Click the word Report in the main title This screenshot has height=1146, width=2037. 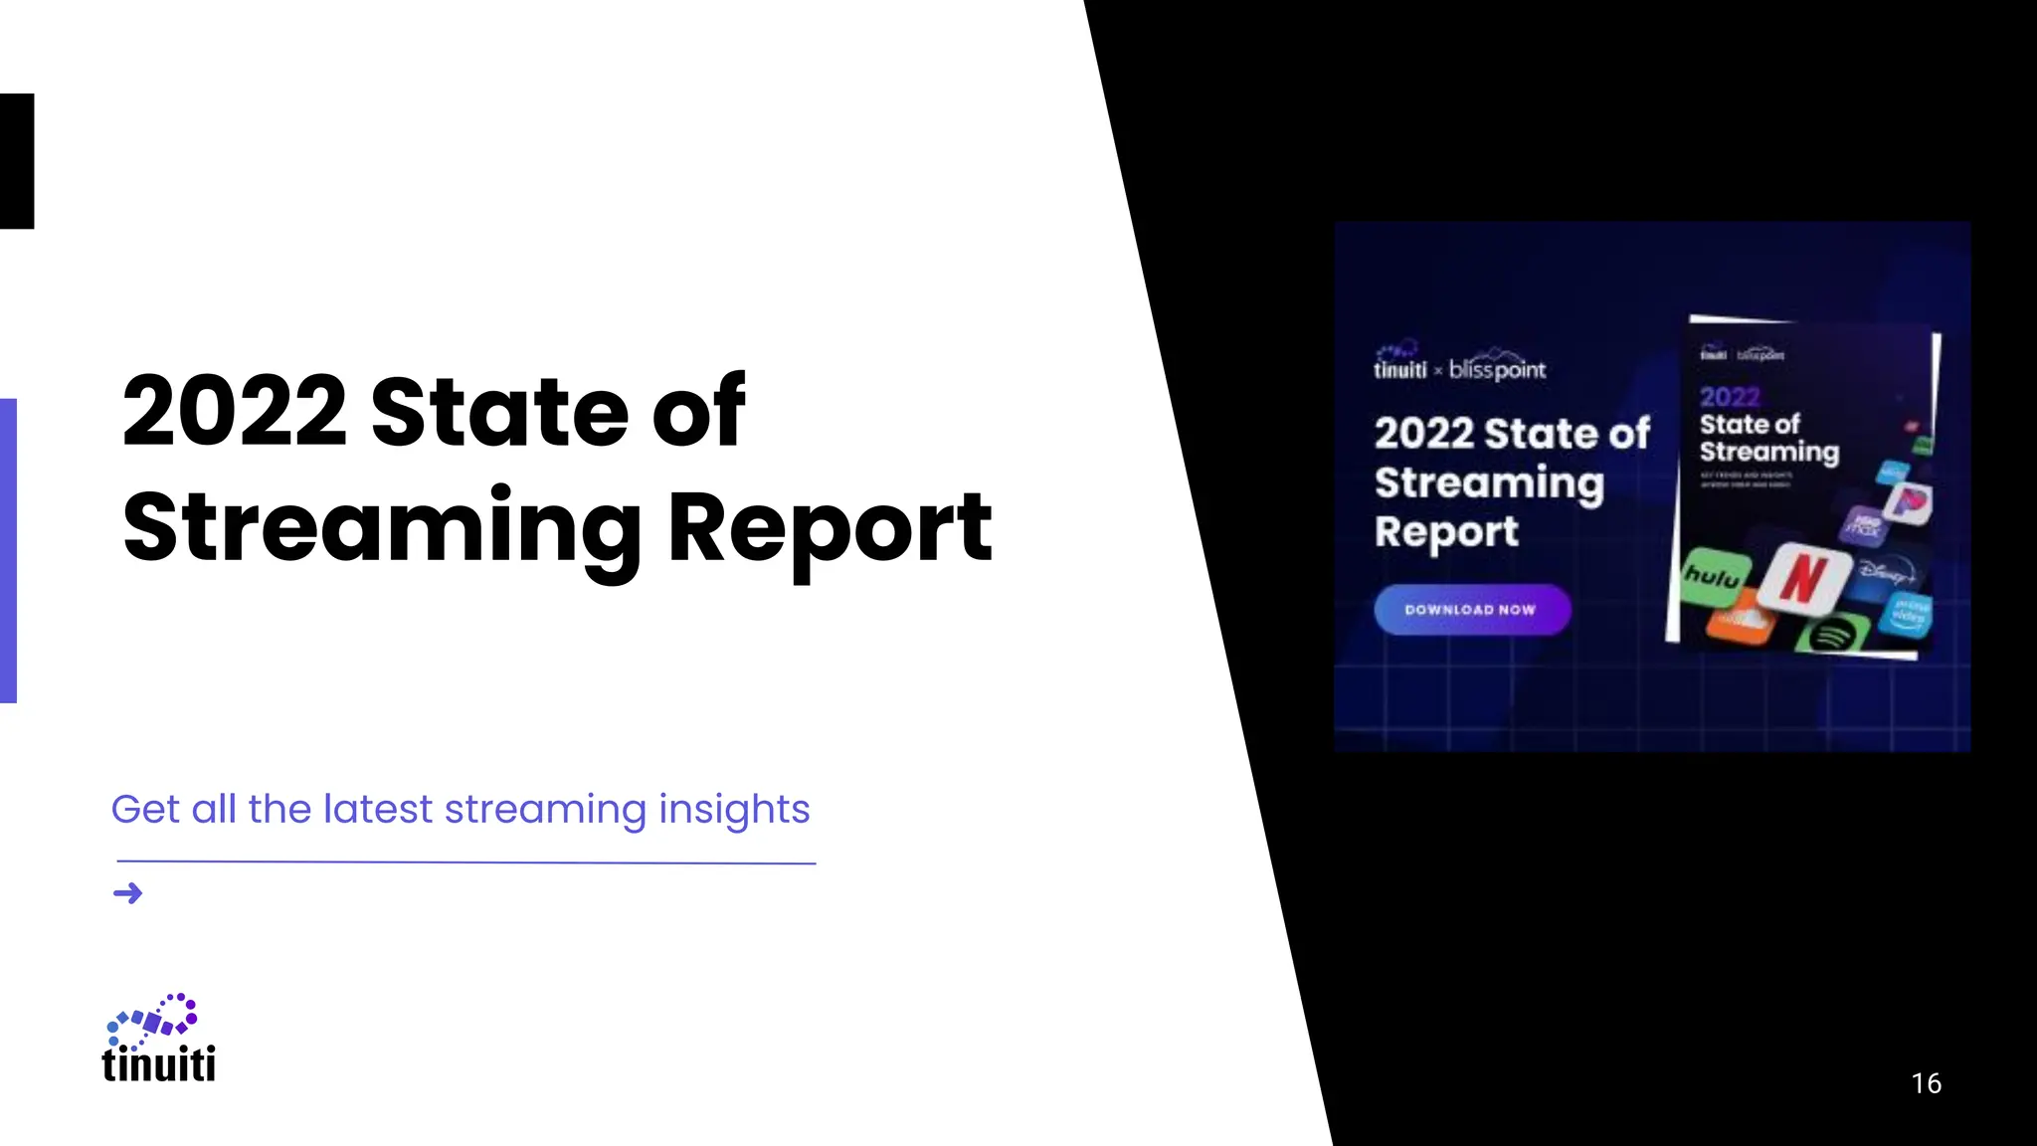pyautogui.click(x=831, y=528)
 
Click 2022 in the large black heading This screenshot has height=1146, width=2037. pyautogui.click(x=235, y=412)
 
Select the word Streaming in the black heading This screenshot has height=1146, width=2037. pyautogui.click(x=383, y=528)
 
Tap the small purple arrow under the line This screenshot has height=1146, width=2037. pyautogui.click(x=128, y=893)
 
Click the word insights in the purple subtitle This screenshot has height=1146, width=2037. pyautogui.click(x=734, y=810)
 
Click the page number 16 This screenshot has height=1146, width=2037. pyautogui.click(x=1926, y=1083)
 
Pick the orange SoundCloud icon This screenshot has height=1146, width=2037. pyautogui.click(x=1742, y=625)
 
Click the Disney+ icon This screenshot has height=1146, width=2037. pyautogui.click(x=1886, y=572)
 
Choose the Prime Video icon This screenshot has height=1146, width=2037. pyautogui.click(x=1910, y=613)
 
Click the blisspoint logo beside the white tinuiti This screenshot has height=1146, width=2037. pyautogui.click(x=1498, y=369)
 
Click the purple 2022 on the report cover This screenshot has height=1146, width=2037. pyautogui.click(x=1730, y=397)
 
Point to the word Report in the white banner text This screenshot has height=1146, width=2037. pyautogui.click(x=1446, y=532)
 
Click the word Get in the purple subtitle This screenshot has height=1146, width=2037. pyautogui.click(x=145, y=810)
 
